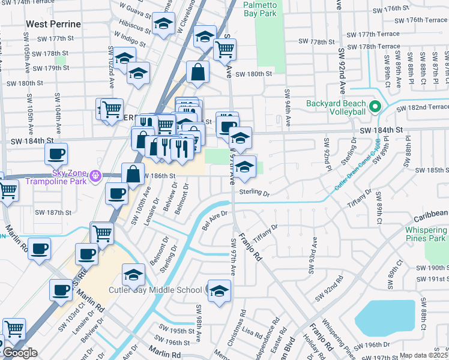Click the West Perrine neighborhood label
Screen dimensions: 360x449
tap(52, 24)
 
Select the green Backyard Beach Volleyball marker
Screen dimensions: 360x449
tap(376, 107)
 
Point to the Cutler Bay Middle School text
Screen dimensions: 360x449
tap(155, 290)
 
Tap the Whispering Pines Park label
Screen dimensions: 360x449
tap(426, 235)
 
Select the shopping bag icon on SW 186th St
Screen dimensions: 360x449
tap(133, 175)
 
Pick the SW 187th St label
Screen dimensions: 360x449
tap(53, 212)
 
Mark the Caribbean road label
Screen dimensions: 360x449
tap(430, 213)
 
